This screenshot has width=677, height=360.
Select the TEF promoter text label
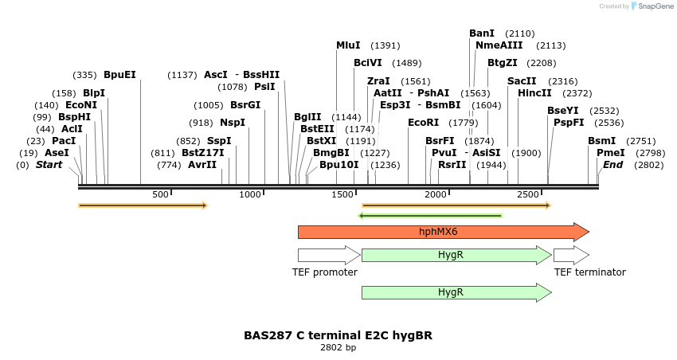(x=325, y=272)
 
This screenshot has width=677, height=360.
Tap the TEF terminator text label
(x=589, y=272)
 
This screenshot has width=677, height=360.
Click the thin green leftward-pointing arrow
(x=430, y=215)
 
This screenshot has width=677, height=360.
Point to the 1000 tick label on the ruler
(x=250, y=195)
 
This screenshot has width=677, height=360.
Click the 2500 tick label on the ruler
(x=528, y=195)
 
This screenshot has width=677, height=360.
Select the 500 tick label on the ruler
(x=160, y=195)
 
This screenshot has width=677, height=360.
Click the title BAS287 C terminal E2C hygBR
(x=338, y=335)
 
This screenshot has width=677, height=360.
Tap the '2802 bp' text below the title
(x=338, y=348)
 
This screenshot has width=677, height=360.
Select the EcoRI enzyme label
(x=423, y=123)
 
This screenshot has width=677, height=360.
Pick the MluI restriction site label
(x=348, y=45)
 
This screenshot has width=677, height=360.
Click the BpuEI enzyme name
(x=119, y=75)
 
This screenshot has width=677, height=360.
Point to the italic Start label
(x=49, y=165)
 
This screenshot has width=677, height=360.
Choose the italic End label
(x=612, y=165)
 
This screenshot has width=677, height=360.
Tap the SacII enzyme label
(x=522, y=81)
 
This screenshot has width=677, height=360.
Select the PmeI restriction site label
(x=610, y=153)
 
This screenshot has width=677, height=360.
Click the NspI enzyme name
(x=233, y=123)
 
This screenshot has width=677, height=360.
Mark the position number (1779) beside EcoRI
(x=463, y=123)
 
